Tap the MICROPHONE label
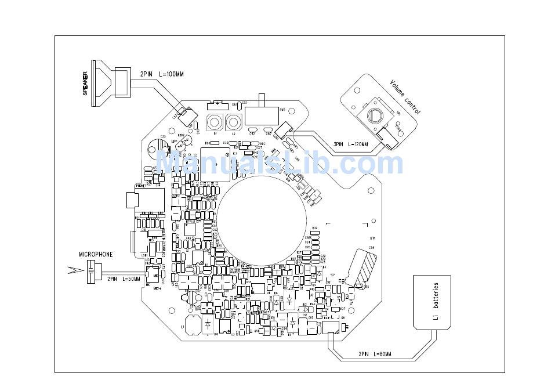coord(96,254)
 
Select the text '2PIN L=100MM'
coord(161,74)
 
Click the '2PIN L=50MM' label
coord(124,279)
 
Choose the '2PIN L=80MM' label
coord(374,354)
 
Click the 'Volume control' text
coord(405,97)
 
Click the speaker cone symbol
coord(102,78)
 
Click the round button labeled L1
coord(215,123)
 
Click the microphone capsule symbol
coord(91,270)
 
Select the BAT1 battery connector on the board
coord(331,328)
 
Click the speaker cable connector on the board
coord(185,115)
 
